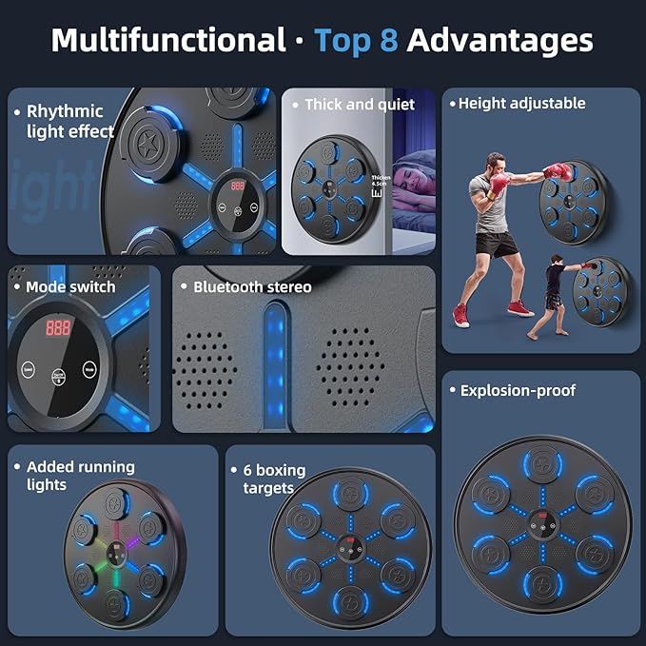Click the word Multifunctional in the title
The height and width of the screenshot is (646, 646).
167,40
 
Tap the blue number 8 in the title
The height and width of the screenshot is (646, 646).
387,40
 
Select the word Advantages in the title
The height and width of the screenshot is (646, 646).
499,40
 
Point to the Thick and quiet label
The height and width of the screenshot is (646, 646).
360,105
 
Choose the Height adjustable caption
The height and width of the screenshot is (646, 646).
521,103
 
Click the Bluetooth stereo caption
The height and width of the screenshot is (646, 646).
252,286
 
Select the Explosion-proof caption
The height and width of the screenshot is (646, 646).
518,390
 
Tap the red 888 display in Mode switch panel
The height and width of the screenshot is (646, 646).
59,327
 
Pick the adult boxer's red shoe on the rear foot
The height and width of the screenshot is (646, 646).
461,314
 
